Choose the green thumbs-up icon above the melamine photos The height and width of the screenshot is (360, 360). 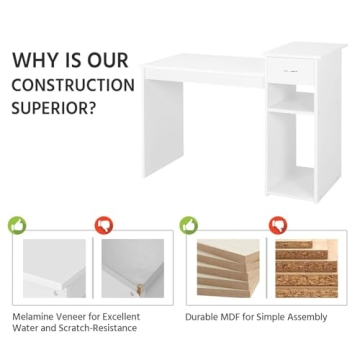pos(16,226)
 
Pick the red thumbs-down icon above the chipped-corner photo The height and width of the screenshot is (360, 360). pos(103,226)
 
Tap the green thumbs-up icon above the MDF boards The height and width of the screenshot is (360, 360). pos(189,226)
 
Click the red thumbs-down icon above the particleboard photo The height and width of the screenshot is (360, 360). pos(277,226)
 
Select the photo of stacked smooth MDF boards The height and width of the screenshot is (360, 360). pos(228,268)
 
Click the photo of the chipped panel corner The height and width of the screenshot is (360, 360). pos(133,268)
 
